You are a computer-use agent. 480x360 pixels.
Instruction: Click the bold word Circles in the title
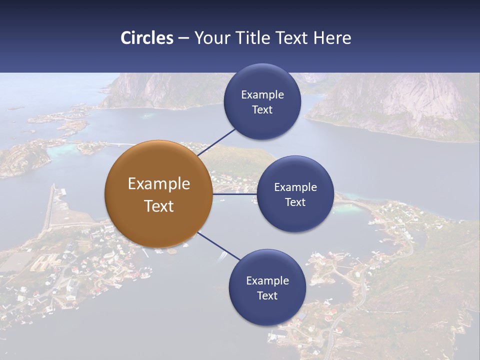147,38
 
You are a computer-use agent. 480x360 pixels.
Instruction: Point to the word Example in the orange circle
159,183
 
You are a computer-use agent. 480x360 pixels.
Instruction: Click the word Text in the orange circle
159,206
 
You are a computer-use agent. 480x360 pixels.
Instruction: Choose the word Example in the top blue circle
262,94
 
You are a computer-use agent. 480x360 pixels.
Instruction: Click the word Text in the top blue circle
262,109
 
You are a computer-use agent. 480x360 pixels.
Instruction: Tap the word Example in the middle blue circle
295,187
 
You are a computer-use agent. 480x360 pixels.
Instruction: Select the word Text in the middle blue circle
295,202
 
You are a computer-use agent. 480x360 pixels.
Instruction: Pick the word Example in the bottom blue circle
267,280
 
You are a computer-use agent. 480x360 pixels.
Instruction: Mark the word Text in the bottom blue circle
267,295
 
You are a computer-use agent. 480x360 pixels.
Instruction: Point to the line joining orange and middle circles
235,194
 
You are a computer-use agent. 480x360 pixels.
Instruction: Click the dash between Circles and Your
183,38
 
